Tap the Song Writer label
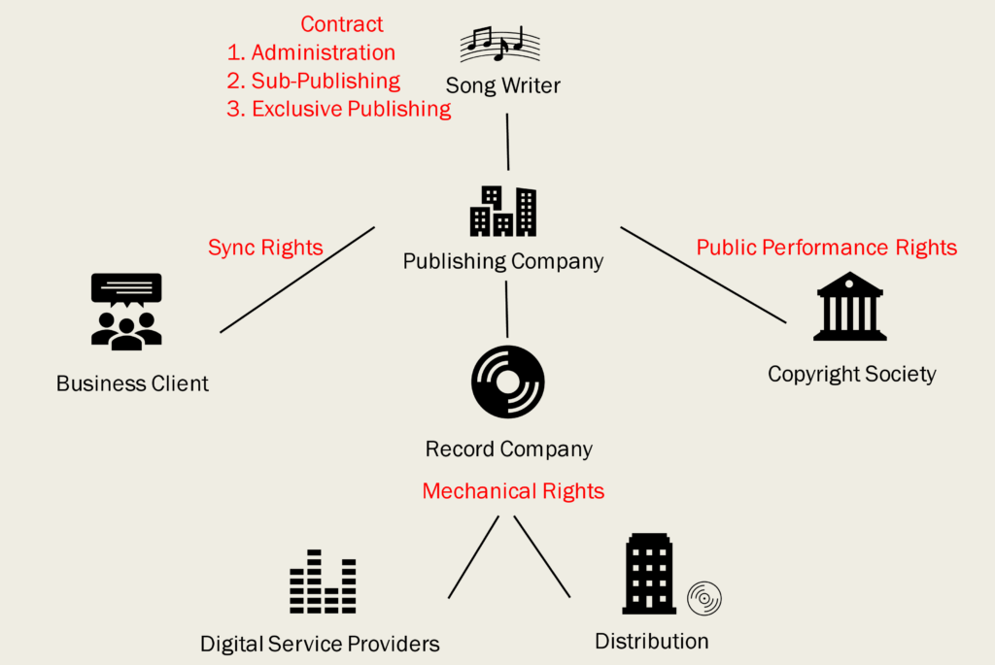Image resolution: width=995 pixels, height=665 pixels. pyautogui.click(x=503, y=85)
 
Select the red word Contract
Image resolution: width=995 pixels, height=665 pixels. pyautogui.click(x=342, y=24)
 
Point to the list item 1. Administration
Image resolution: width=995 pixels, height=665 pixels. pyautogui.click(x=311, y=52)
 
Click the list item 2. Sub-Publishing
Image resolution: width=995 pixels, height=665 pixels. pyautogui.click(x=313, y=81)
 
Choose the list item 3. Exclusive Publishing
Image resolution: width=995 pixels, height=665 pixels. pyautogui.click(x=339, y=109)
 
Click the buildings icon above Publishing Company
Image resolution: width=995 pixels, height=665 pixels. pyautogui.click(x=503, y=212)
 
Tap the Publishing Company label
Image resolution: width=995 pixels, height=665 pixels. pyautogui.click(x=503, y=261)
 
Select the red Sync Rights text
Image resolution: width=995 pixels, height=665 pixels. pyautogui.click(x=265, y=248)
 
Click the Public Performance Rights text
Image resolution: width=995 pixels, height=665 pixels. pyautogui.click(x=827, y=248)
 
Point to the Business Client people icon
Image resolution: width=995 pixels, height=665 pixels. pyautogui.click(x=126, y=312)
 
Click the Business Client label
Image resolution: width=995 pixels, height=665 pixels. pyautogui.click(x=132, y=383)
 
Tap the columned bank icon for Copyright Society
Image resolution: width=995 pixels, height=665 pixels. pyautogui.click(x=850, y=307)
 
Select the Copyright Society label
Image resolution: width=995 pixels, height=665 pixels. pyautogui.click(x=852, y=374)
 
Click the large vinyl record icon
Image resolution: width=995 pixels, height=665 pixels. pyautogui.click(x=507, y=382)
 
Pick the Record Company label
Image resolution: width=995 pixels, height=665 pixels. pyautogui.click(x=509, y=449)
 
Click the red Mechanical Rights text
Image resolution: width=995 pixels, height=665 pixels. pyautogui.click(x=513, y=491)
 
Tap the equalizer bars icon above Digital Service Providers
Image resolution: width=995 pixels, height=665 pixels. pyautogui.click(x=323, y=582)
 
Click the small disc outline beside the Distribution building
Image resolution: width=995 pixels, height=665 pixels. pyautogui.click(x=704, y=599)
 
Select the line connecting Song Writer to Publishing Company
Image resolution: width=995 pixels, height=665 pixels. pyautogui.click(x=507, y=141)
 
